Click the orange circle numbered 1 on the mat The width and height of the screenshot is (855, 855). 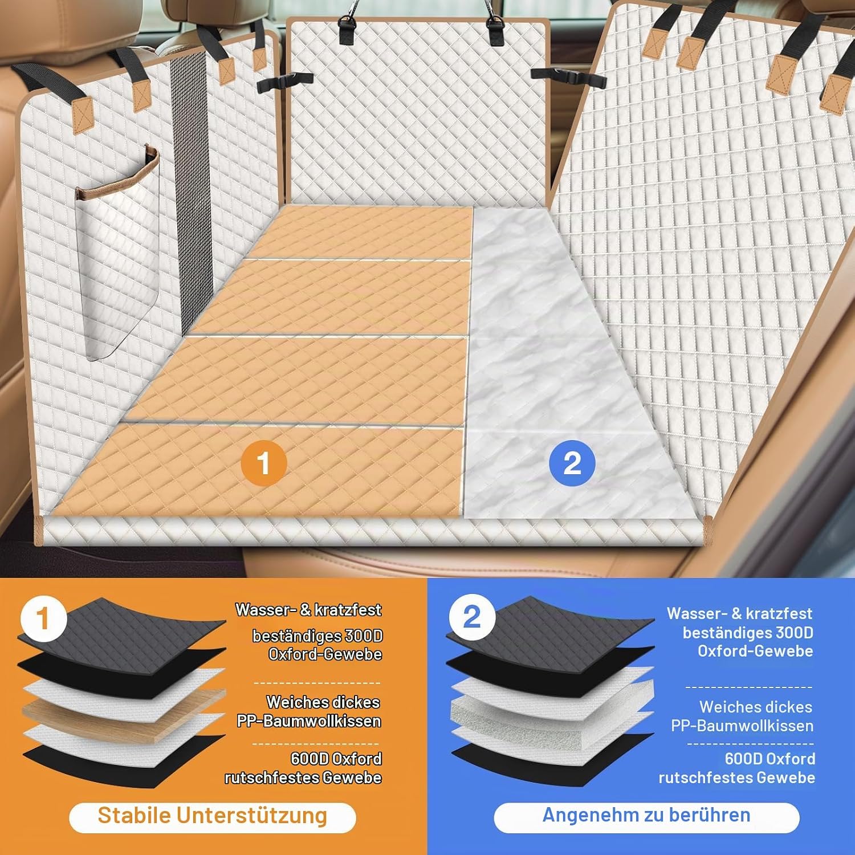[x=263, y=463]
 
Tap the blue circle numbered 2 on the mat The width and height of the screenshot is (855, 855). [x=572, y=463]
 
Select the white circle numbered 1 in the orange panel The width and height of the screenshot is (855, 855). [x=44, y=619]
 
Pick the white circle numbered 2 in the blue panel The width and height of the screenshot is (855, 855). [x=472, y=617]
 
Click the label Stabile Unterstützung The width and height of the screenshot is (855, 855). [x=212, y=816]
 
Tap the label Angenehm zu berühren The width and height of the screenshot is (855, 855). [x=646, y=815]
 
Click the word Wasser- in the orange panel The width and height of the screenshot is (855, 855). [x=266, y=610]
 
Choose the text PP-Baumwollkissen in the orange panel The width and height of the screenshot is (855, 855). [x=309, y=721]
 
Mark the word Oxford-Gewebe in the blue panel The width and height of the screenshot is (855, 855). [x=755, y=651]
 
